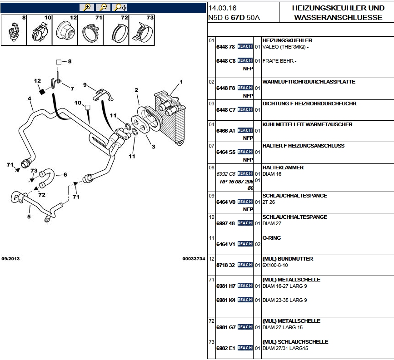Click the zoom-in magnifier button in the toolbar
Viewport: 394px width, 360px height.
tap(86, 7)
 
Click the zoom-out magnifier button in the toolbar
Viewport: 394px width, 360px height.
tap(103, 7)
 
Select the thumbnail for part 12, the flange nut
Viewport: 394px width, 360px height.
tap(65, 31)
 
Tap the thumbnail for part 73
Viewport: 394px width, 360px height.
tap(142, 31)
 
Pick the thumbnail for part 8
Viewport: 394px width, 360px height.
tap(13, 31)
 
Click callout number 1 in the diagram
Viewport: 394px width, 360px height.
tap(181, 82)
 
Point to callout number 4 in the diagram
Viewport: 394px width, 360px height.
tap(29, 99)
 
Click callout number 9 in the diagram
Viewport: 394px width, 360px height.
tap(85, 85)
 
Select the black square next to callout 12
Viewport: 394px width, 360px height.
tap(42, 91)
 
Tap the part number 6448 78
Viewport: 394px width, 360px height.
tap(225, 47)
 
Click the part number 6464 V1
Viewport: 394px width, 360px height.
tap(225, 244)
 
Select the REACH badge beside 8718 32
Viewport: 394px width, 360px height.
tap(244, 265)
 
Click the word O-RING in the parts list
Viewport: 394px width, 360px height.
tap(272, 238)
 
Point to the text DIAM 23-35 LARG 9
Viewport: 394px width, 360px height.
tap(284, 300)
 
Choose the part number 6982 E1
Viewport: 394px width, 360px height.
tap(225, 348)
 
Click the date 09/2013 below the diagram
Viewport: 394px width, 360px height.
tap(10, 259)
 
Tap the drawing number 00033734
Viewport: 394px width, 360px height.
tap(194, 259)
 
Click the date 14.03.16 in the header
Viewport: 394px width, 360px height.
tap(223, 8)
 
